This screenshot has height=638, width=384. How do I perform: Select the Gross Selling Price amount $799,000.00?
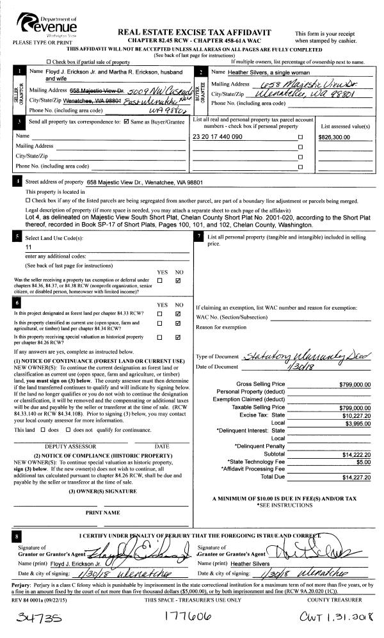[355, 384]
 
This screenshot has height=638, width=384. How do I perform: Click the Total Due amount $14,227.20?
[356, 477]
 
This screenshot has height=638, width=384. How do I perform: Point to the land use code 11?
[29, 246]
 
